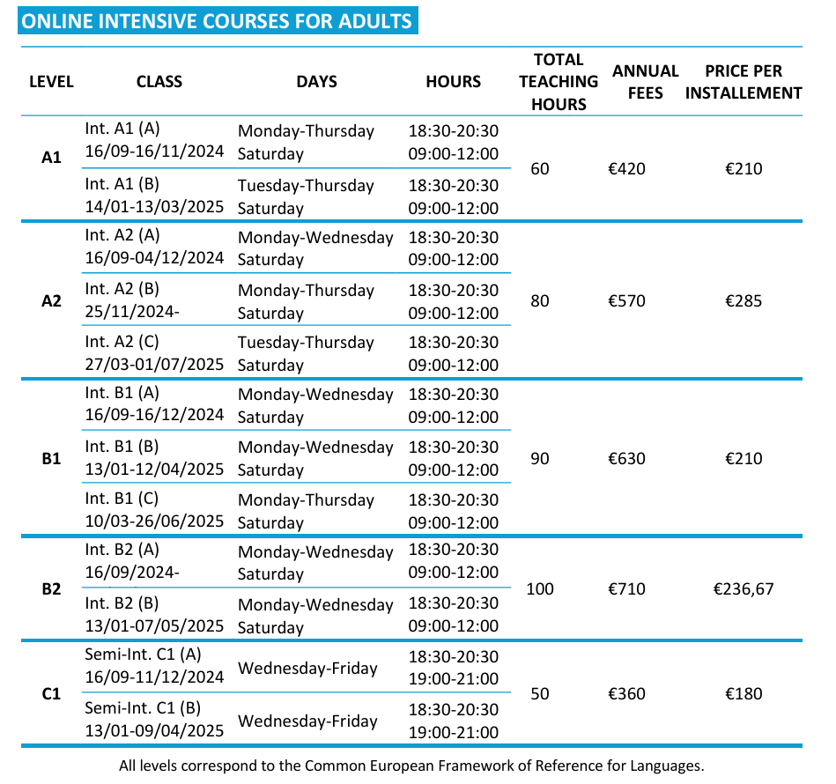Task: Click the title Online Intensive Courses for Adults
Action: [217, 20]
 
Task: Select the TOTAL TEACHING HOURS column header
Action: [559, 82]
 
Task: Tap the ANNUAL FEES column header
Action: [646, 82]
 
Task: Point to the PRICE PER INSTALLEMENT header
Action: [744, 82]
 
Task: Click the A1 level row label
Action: [52, 158]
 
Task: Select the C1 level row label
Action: [52, 694]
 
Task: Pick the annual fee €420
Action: [626, 168]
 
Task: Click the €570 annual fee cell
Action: [626, 301]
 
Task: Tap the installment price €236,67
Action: [744, 588]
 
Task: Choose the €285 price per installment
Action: [744, 301]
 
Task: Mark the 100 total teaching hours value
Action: [540, 588]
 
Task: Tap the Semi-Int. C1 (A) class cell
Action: [143, 655]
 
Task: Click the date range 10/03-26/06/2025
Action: [155, 521]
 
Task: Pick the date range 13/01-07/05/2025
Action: [155, 626]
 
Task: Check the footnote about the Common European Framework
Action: [411, 766]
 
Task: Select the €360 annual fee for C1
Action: [626, 694]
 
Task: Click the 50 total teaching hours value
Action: [540, 694]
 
